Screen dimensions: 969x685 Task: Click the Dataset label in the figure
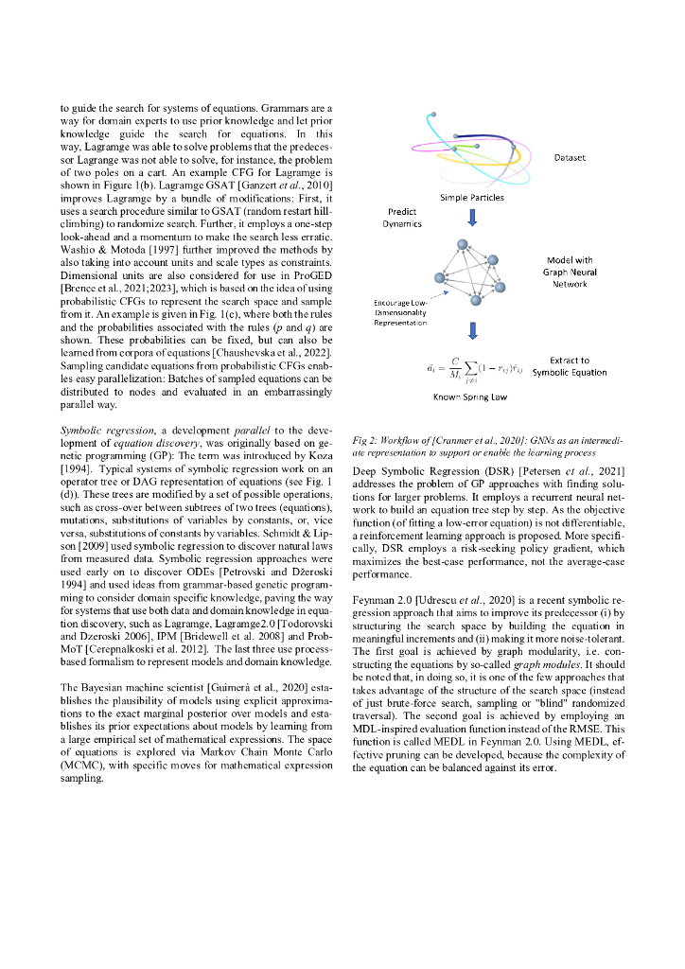click(570, 159)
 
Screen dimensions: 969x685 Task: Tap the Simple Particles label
click(472, 198)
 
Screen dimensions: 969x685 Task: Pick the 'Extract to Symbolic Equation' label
click(569, 367)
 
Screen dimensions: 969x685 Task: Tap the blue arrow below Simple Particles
click(472, 219)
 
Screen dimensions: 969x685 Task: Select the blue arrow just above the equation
click(472, 331)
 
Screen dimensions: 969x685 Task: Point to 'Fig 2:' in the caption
click(364, 441)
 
